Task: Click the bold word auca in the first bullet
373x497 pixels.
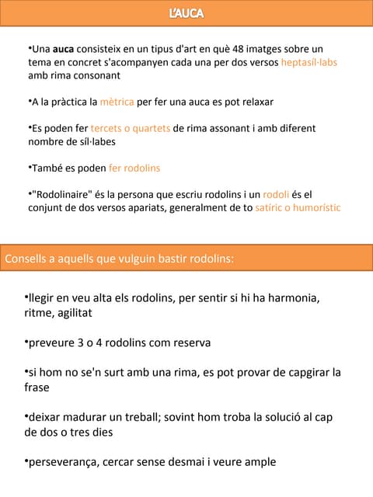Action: [x=64, y=49]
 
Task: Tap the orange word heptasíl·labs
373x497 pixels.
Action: [x=309, y=62]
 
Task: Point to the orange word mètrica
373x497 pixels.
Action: [x=117, y=102]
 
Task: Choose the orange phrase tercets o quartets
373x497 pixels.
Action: [x=131, y=128]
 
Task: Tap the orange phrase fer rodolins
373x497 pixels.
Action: [x=134, y=168]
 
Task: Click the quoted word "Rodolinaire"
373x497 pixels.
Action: [x=64, y=194]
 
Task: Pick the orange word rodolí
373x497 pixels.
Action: [x=276, y=194]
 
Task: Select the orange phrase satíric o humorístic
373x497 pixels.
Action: [x=298, y=207]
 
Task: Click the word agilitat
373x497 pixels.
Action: [x=71, y=312]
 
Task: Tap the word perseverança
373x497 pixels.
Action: [x=63, y=462]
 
